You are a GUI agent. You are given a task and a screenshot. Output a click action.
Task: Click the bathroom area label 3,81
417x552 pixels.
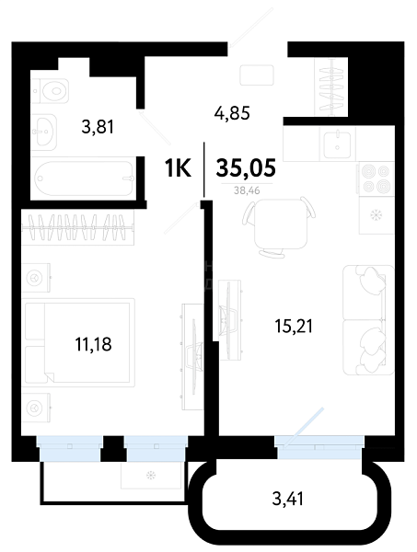click(x=98, y=127)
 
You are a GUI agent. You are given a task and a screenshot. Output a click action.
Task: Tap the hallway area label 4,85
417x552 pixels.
click(x=232, y=113)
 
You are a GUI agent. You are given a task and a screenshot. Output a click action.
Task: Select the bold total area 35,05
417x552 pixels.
click(x=246, y=167)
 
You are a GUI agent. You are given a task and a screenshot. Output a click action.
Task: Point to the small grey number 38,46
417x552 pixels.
click(x=247, y=190)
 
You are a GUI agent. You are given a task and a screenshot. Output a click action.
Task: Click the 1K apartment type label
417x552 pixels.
click(x=178, y=168)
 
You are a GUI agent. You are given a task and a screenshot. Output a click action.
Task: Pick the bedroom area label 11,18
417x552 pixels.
click(x=93, y=344)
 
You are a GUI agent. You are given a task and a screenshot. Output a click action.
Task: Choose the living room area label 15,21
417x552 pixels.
click(x=294, y=326)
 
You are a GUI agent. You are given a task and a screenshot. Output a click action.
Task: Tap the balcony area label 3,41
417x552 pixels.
click(x=288, y=499)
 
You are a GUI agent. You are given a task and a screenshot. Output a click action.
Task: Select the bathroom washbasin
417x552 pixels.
click(x=44, y=132)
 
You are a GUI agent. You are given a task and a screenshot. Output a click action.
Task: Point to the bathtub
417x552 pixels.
click(x=84, y=178)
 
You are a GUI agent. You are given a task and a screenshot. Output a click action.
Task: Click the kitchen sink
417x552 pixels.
click(x=337, y=144)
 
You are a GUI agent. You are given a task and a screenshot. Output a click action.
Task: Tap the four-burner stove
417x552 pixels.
click(x=376, y=178)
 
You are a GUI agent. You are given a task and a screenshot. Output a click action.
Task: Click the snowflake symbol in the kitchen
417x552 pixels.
click(x=376, y=214)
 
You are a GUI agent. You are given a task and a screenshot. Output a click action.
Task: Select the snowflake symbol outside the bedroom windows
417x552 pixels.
click(x=151, y=476)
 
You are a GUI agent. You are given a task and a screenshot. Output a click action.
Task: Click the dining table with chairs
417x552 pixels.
click(x=279, y=226)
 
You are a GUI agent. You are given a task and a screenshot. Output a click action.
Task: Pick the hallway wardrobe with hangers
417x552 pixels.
click(x=331, y=86)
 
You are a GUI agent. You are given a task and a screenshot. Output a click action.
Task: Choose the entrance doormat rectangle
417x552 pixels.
click(x=257, y=75)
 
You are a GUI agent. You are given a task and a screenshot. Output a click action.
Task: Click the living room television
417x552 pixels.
click(x=229, y=319)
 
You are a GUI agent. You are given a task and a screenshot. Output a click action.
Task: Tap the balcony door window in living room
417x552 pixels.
click(x=319, y=447)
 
